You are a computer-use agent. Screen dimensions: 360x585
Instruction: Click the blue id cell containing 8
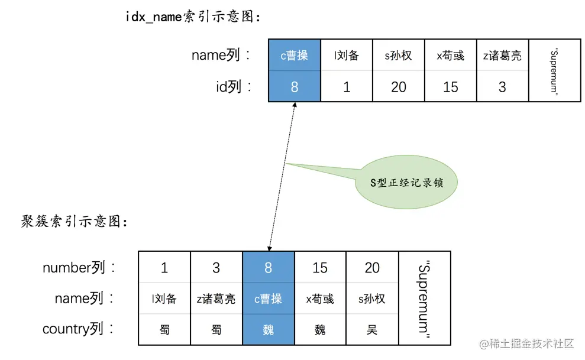point(295,87)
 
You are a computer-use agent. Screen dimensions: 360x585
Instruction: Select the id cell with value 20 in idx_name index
point(399,87)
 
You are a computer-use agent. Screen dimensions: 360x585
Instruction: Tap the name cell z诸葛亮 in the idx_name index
point(502,56)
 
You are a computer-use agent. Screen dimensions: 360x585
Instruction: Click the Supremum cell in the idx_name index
point(554,71)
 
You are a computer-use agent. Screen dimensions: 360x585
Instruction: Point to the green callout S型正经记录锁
point(406,183)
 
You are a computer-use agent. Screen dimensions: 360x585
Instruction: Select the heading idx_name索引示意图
point(193,17)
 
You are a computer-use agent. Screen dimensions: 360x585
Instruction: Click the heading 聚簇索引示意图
point(75,222)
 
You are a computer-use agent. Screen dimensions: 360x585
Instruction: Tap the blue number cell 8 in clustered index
point(269,268)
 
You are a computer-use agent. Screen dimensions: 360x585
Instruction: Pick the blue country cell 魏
point(269,329)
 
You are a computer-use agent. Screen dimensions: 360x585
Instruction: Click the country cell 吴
point(372,329)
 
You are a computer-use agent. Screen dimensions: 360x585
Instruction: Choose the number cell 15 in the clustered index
point(320,268)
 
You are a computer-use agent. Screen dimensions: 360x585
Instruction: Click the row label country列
point(78,329)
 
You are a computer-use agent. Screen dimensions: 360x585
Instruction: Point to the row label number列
point(78,268)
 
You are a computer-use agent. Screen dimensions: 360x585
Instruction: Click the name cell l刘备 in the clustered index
point(164,299)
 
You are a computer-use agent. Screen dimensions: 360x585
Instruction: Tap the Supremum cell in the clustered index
point(424,299)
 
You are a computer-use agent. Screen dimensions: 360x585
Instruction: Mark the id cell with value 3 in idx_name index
point(502,87)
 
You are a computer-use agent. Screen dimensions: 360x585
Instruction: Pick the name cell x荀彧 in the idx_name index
point(450,56)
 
